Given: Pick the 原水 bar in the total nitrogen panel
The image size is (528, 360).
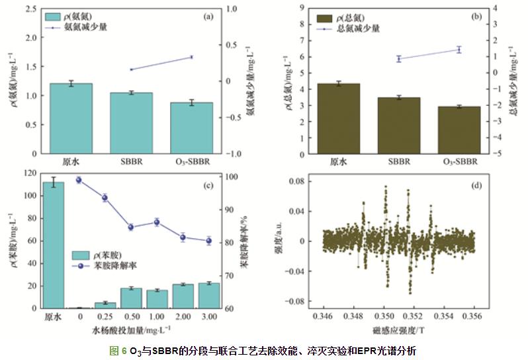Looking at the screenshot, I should pyautogui.click(x=339, y=118).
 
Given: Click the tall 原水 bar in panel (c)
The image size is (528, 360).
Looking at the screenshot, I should pyautogui.click(x=53, y=245).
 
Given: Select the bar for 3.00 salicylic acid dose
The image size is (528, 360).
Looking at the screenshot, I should pyautogui.click(x=209, y=295).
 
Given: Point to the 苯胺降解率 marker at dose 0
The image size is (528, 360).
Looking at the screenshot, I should pyautogui.click(x=79, y=179).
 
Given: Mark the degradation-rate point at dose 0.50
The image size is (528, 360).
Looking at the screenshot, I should pyautogui.click(x=131, y=227).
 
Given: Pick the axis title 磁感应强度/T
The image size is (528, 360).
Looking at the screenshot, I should pyautogui.click(x=398, y=328).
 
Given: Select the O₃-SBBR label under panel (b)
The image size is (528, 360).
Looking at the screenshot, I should pyautogui.click(x=459, y=161).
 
